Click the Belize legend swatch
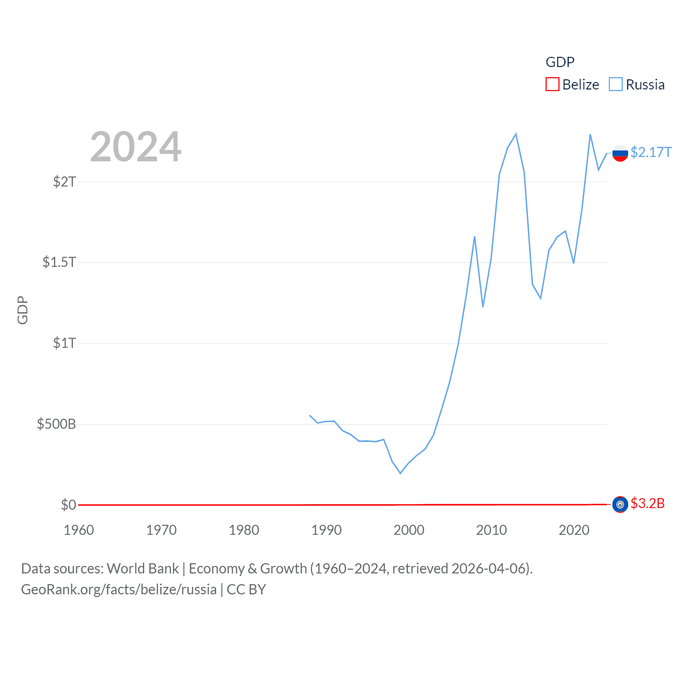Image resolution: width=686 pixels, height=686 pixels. [x=552, y=85]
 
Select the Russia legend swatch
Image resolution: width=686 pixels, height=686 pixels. [x=616, y=85]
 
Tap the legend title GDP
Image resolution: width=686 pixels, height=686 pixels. [x=560, y=62]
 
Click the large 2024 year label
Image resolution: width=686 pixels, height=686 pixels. [x=136, y=147]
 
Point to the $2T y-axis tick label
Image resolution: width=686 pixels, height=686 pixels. [x=64, y=182]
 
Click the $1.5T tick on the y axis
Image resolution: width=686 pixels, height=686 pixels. [x=59, y=262]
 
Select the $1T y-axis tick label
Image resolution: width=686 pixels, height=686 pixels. [x=64, y=343]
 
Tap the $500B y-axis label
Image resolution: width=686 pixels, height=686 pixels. [x=56, y=424]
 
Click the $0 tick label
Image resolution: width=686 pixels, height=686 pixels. [x=69, y=505]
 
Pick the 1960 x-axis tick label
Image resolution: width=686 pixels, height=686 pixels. [x=79, y=530]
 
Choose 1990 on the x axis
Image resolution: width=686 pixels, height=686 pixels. [x=326, y=530]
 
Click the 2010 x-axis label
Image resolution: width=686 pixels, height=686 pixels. [x=491, y=530]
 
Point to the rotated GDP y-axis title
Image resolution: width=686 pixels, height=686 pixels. [x=23, y=310]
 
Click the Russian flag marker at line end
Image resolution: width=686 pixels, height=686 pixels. [x=620, y=153]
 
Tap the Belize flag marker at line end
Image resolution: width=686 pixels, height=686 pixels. [x=620, y=504]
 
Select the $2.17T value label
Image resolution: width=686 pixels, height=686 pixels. [x=651, y=153]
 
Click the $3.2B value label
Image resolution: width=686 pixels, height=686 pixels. [x=647, y=503]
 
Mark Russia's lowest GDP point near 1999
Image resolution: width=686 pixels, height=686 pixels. [x=400, y=473]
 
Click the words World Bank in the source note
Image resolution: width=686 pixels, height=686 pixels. [x=143, y=569]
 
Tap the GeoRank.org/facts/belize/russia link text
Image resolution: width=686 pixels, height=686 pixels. [x=118, y=590]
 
